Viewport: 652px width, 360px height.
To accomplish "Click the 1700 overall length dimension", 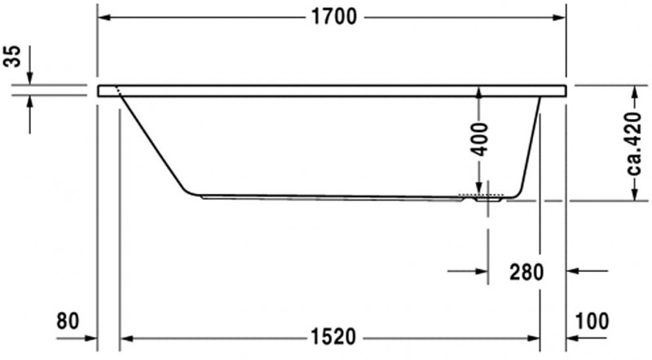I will [x=333, y=18].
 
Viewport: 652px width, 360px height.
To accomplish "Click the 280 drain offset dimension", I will [x=526, y=271].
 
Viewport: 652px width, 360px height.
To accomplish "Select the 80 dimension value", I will [x=68, y=321].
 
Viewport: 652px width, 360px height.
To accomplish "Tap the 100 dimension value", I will [x=591, y=321].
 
